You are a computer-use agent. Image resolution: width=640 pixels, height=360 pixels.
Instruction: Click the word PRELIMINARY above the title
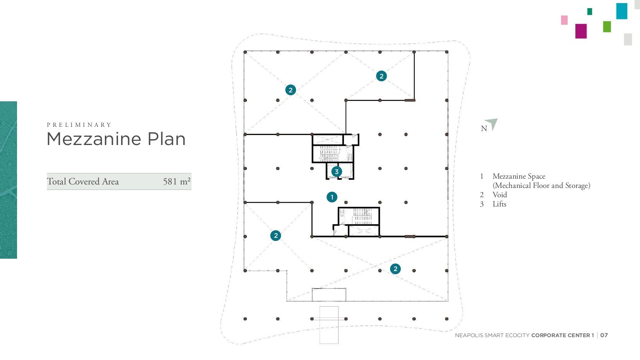click(79, 125)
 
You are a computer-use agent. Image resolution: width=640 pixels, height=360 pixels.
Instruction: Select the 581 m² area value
click(176, 181)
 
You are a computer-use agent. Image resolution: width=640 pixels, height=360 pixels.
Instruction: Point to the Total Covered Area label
click(83, 181)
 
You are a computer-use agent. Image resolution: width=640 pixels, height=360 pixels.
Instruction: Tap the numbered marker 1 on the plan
click(332, 197)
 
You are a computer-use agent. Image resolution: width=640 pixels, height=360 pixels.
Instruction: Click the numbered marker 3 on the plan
click(337, 172)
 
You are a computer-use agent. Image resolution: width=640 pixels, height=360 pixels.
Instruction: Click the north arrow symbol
click(493, 124)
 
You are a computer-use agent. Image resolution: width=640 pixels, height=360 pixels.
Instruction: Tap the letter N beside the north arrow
click(484, 129)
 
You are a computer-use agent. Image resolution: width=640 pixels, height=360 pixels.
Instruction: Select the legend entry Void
click(500, 195)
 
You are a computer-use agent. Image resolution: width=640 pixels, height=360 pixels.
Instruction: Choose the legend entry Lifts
click(500, 204)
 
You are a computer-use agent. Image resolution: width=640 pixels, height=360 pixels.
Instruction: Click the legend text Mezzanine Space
click(519, 176)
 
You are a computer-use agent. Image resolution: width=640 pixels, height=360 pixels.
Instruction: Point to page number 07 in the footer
click(604, 335)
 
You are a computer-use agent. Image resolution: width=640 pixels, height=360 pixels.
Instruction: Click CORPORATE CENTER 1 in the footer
click(563, 335)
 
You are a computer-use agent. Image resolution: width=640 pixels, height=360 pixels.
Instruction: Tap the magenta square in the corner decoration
click(581, 31)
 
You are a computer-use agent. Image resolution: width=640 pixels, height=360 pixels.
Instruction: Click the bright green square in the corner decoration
click(607, 27)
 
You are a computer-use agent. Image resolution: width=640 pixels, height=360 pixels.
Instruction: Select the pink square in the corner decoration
click(564, 20)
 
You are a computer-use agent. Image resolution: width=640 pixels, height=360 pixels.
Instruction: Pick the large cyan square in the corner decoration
click(622, 11)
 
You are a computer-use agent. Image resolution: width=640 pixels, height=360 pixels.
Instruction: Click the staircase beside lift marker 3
click(330, 154)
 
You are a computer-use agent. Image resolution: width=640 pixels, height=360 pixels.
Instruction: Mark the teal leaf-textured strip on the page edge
click(9, 180)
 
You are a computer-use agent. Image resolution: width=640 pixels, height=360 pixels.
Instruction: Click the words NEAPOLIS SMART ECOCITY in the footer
click(492, 335)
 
